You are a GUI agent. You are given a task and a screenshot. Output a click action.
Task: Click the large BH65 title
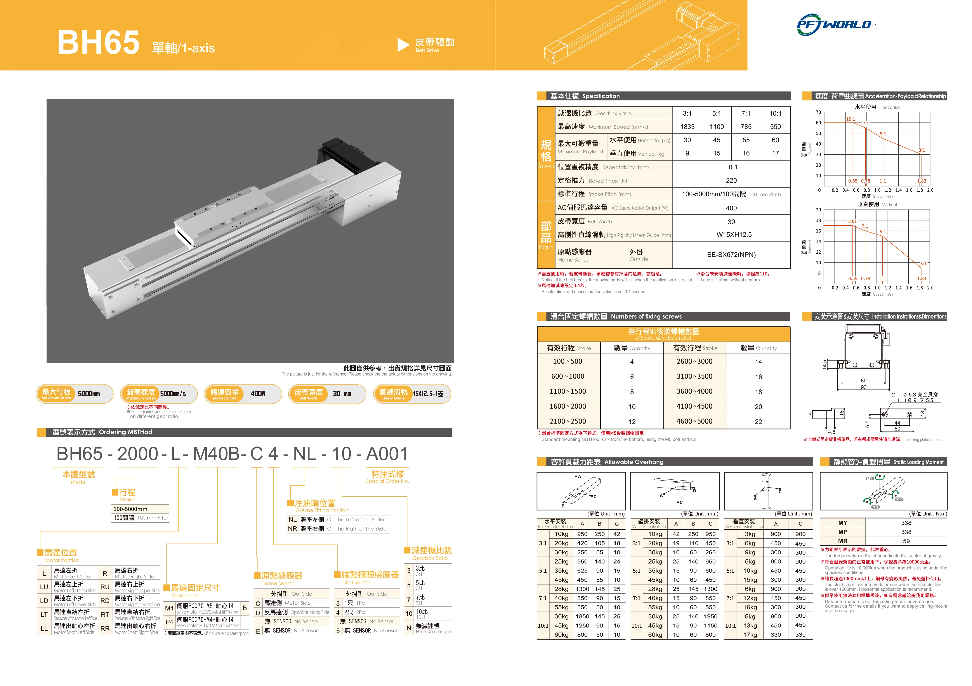click(x=98, y=42)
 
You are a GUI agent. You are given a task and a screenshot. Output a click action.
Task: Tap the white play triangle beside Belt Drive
click(x=403, y=45)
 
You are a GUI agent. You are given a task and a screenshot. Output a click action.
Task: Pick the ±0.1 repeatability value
click(x=731, y=167)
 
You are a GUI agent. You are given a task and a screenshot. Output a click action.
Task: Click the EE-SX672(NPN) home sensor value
click(x=731, y=255)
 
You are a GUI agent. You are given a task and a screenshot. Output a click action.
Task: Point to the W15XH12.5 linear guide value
click(x=734, y=235)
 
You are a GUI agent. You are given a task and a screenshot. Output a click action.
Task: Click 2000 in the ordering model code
click(x=138, y=454)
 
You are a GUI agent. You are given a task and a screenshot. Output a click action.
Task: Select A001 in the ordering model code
click(x=387, y=454)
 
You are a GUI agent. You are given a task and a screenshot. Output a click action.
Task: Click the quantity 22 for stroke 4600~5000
click(x=758, y=422)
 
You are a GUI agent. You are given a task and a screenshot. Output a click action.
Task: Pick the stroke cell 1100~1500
click(x=568, y=392)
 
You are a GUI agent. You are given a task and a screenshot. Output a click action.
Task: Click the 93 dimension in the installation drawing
click(x=863, y=387)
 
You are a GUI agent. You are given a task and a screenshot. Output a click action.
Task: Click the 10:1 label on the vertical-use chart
click(x=852, y=221)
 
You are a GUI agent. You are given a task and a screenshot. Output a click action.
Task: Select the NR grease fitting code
click(x=292, y=529)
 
